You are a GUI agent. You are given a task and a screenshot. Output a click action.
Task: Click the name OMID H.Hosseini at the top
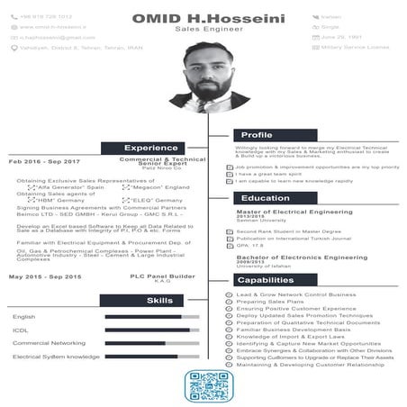tap(203, 17)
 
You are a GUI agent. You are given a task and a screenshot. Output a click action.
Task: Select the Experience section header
tap(151, 148)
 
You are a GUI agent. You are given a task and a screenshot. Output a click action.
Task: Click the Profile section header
tap(257, 135)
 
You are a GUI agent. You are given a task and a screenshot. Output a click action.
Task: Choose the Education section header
tap(259, 198)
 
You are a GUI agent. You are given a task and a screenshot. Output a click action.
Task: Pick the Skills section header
tap(159, 300)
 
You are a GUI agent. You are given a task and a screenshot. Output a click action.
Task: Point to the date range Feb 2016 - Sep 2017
tap(45, 161)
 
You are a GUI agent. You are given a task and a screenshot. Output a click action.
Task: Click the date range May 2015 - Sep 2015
tap(45, 276)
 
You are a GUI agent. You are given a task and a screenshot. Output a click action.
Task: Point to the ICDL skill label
tap(21, 330)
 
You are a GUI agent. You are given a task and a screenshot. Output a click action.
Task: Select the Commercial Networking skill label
tap(49, 343)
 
